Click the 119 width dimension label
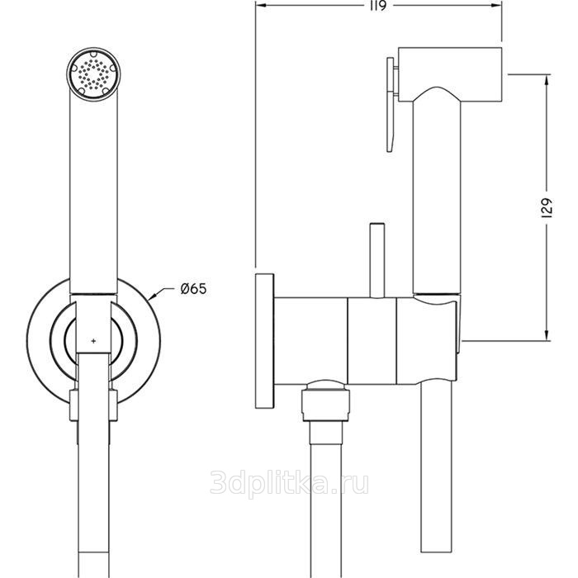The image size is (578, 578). (x=378, y=6)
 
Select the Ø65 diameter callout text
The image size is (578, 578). (x=193, y=288)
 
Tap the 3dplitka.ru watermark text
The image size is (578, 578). (x=289, y=482)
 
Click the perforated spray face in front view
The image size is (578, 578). (x=93, y=73)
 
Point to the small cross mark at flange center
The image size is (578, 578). (x=93, y=341)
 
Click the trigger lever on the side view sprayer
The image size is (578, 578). (x=391, y=104)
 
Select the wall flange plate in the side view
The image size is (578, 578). (x=264, y=341)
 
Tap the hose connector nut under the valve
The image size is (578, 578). (x=325, y=402)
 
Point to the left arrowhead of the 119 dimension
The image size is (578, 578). (x=260, y=6)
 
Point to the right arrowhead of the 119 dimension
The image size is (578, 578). (x=497, y=6)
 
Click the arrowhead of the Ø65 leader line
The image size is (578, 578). (x=154, y=296)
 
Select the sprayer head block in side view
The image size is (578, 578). (x=451, y=74)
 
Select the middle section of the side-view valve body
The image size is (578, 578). (x=372, y=340)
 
